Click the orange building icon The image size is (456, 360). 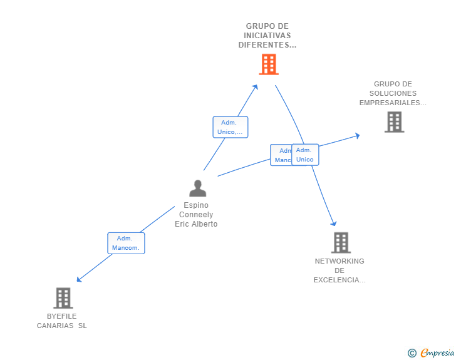click(268, 64)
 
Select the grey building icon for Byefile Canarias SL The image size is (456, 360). click(63, 298)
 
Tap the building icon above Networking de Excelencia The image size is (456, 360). click(340, 242)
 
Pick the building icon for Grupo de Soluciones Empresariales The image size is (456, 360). click(394, 122)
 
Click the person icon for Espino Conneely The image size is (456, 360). click(198, 188)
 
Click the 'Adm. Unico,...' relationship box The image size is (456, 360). click(230, 127)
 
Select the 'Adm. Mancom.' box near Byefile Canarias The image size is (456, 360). click(125, 243)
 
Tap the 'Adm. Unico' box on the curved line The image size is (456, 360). click(305, 155)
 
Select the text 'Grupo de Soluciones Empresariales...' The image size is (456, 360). click(393, 93)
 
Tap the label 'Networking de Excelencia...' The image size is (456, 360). click(339, 270)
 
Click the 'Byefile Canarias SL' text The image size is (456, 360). click(62, 321)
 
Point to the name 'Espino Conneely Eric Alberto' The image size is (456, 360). click(196, 215)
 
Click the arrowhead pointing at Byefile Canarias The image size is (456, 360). click(79, 279)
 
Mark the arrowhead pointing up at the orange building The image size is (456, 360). click(255, 87)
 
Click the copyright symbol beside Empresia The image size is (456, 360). click(412, 353)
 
